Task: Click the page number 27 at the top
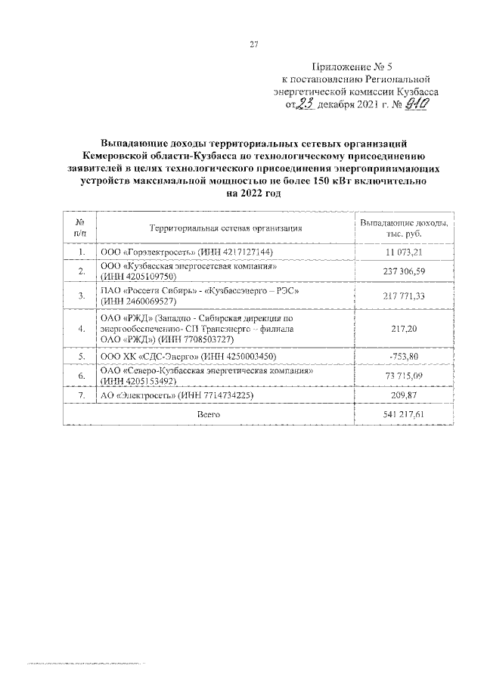pyautogui.click(x=254, y=44)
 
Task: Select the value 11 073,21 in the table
pyautogui.click(x=404, y=251)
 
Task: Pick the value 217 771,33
pyautogui.click(x=404, y=296)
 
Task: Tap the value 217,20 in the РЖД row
pyautogui.click(x=404, y=330)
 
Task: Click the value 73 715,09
pyautogui.click(x=404, y=375)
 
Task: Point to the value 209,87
pyautogui.click(x=404, y=395)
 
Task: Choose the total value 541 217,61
pyautogui.click(x=404, y=415)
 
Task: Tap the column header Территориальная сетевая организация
pyautogui.click(x=226, y=227)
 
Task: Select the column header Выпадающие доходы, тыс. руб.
pyautogui.click(x=404, y=227)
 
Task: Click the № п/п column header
pyautogui.click(x=80, y=227)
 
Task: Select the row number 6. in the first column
pyautogui.click(x=80, y=375)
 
